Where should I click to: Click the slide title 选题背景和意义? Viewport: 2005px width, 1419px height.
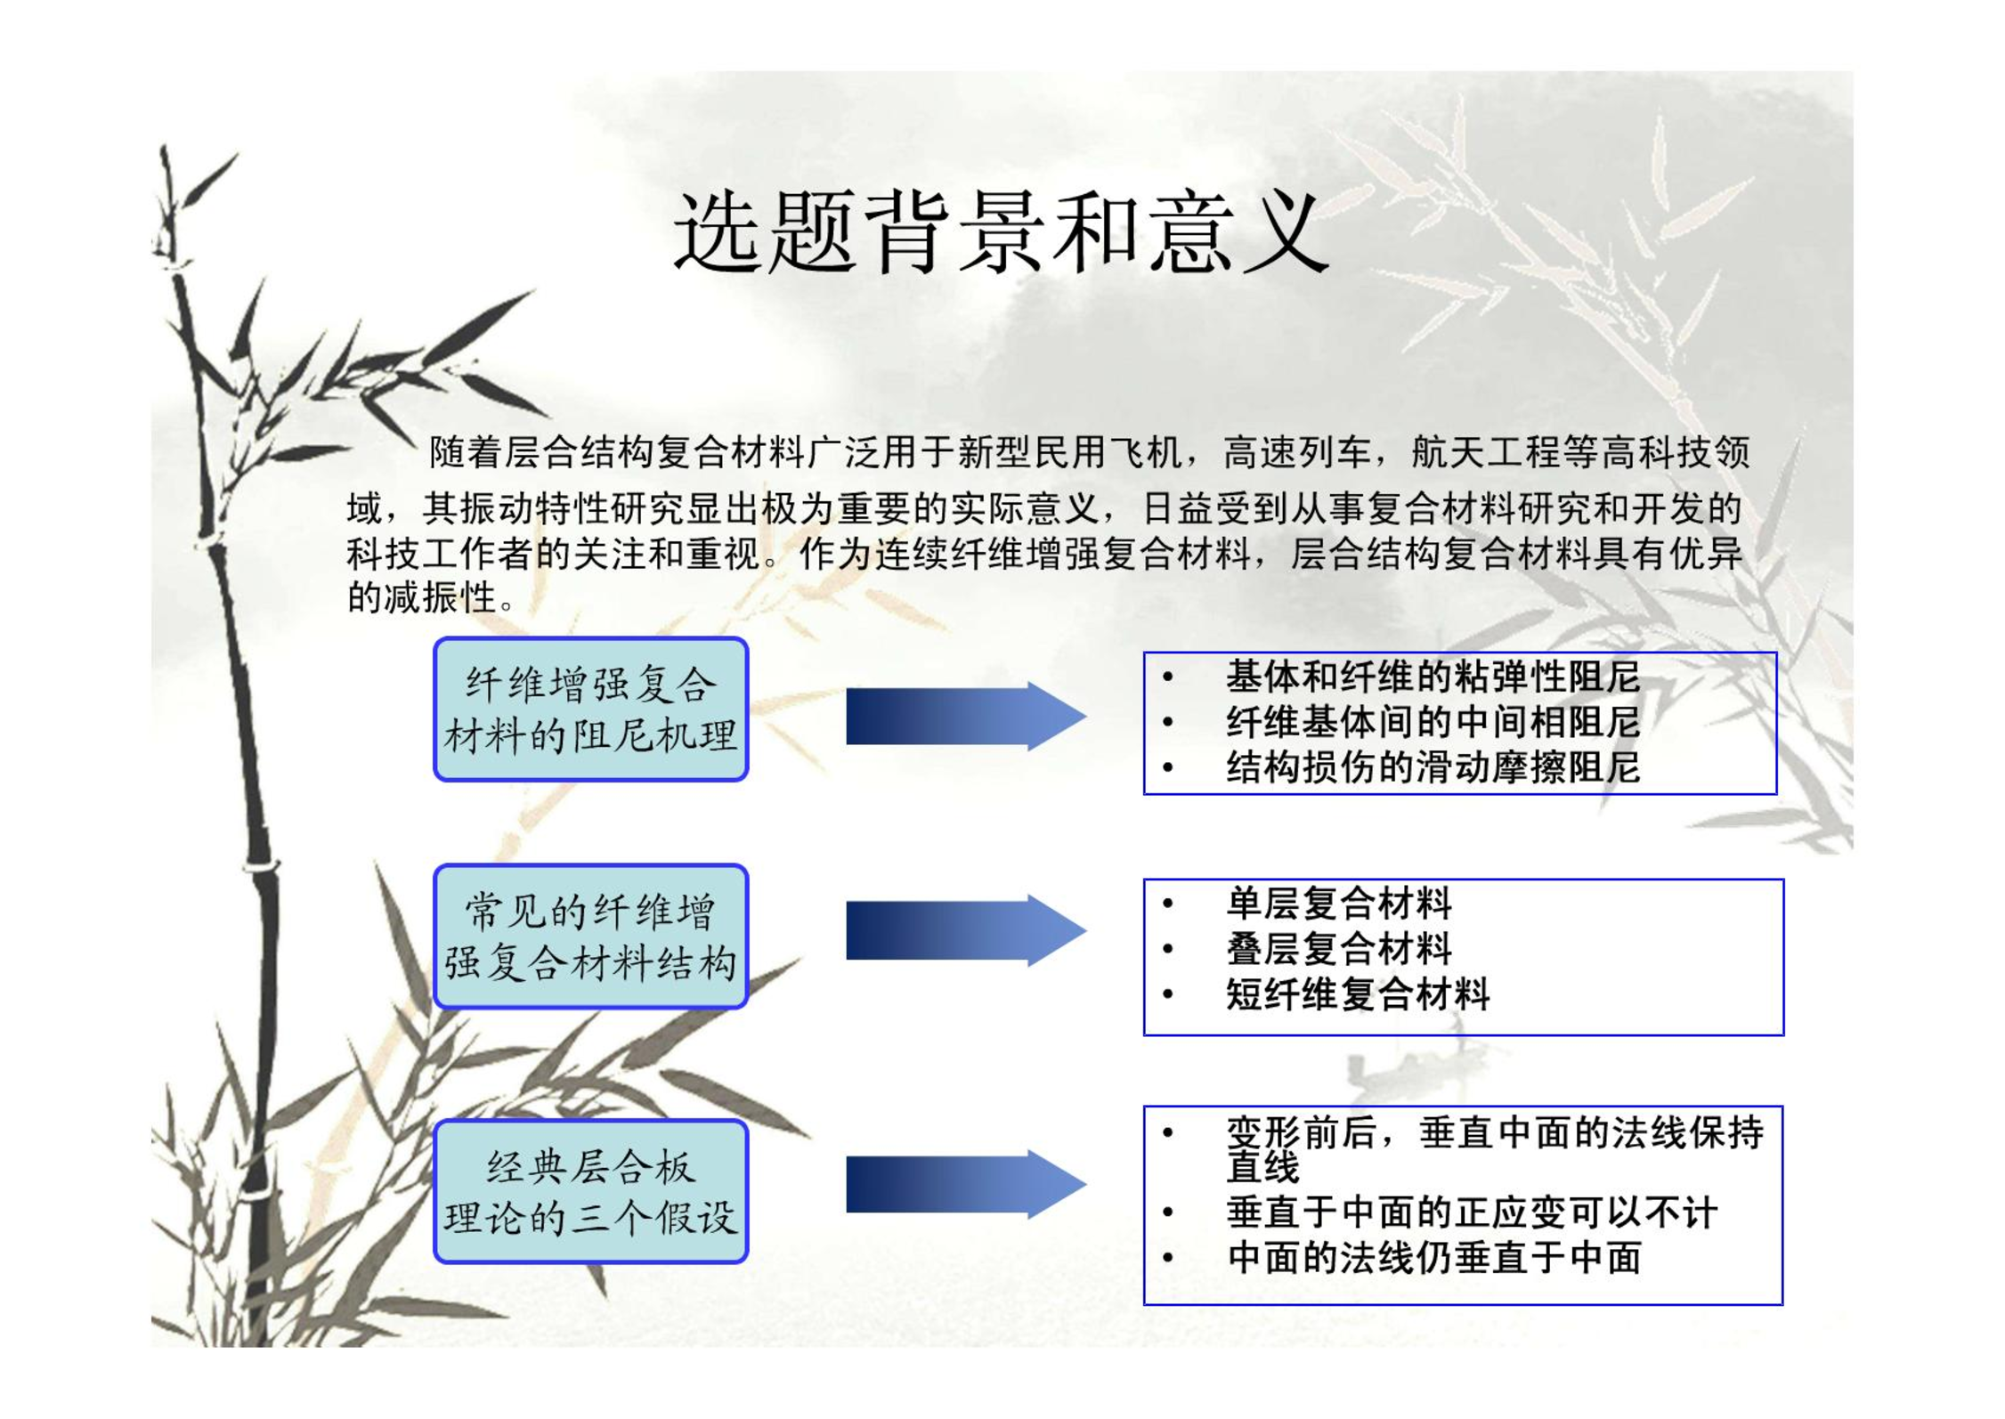coord(1001,231)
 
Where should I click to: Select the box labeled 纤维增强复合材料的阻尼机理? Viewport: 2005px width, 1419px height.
coord(590,709)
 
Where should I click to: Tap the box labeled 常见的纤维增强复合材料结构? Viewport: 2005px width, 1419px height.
coord(590,937)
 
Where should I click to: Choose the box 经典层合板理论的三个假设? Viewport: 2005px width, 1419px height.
coord(590,1191)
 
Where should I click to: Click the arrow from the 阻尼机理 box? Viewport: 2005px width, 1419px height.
coord(966,716)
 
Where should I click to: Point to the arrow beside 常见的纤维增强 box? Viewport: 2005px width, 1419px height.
coord(966,930)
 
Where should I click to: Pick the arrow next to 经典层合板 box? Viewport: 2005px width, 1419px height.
coord(966,1184)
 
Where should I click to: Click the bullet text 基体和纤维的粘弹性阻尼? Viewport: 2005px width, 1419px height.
coord(1433,677)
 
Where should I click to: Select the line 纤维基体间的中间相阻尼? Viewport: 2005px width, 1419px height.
coord(1433,722)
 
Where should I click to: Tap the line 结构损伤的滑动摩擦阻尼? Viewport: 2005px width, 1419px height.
coord(1433,767)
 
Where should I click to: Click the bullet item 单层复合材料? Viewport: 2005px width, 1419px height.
coord(1338,904)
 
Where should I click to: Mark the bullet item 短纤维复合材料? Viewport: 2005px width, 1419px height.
coord(1357,994)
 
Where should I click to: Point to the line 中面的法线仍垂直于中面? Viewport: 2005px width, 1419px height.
coord(1433,1258)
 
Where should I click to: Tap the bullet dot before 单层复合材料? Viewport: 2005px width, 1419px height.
coord(1168,904)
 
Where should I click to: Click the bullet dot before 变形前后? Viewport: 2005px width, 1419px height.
coord(1168,1133)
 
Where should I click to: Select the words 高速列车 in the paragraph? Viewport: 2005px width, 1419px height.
coord(1296,453)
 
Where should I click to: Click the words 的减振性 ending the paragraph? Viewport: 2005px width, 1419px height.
coord(421,597)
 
